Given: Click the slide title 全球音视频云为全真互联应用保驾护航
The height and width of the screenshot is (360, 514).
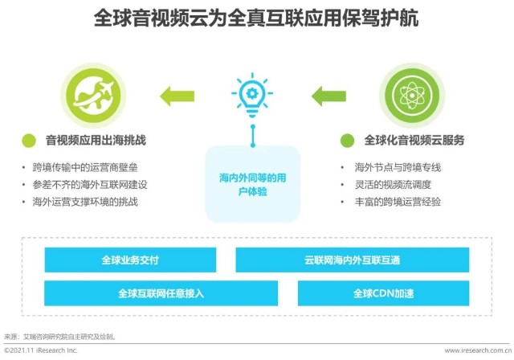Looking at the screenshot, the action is tap(256, 18).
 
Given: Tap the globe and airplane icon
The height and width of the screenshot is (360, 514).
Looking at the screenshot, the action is tap(93, 96).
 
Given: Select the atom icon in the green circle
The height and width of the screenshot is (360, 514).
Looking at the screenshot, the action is tap(412, 96).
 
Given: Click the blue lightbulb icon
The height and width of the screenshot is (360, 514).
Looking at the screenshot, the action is tap(252, 95).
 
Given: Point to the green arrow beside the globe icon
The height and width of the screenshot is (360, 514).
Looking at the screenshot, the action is tap(177, 96).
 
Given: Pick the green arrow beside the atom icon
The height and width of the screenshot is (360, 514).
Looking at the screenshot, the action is tap(328, 96).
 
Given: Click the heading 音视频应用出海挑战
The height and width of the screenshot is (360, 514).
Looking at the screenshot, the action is tap(96, 141).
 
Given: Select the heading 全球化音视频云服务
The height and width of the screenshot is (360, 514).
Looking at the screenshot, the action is tap(414, 141).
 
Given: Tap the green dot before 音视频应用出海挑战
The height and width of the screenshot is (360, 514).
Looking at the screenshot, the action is tap(29, 141).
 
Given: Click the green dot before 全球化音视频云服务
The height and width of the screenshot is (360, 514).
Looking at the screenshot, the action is tap(348, 141).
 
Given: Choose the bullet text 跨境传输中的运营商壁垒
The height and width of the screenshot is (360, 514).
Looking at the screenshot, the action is tap(85, 167).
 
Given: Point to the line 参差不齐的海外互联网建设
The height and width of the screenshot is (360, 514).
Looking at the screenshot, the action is tap(90, 185).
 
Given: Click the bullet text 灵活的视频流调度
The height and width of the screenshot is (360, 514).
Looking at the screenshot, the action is tap(393, 185).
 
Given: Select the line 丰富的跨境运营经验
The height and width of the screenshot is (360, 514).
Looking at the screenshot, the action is tap(398, 202).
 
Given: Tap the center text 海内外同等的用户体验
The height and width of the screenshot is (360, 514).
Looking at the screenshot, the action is tap(253, 184).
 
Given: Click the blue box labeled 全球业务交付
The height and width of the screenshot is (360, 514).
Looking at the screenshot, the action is tap(130, 260).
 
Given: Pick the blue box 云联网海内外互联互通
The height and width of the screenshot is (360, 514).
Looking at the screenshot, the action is tap(353, 260).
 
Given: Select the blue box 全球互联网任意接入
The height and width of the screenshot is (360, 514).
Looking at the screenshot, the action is tap(161, 293).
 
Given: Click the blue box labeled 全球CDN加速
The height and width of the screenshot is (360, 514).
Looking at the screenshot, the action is tap(384, 293).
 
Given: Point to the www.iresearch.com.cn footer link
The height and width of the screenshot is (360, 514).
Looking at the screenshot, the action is tap(479, 350).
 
